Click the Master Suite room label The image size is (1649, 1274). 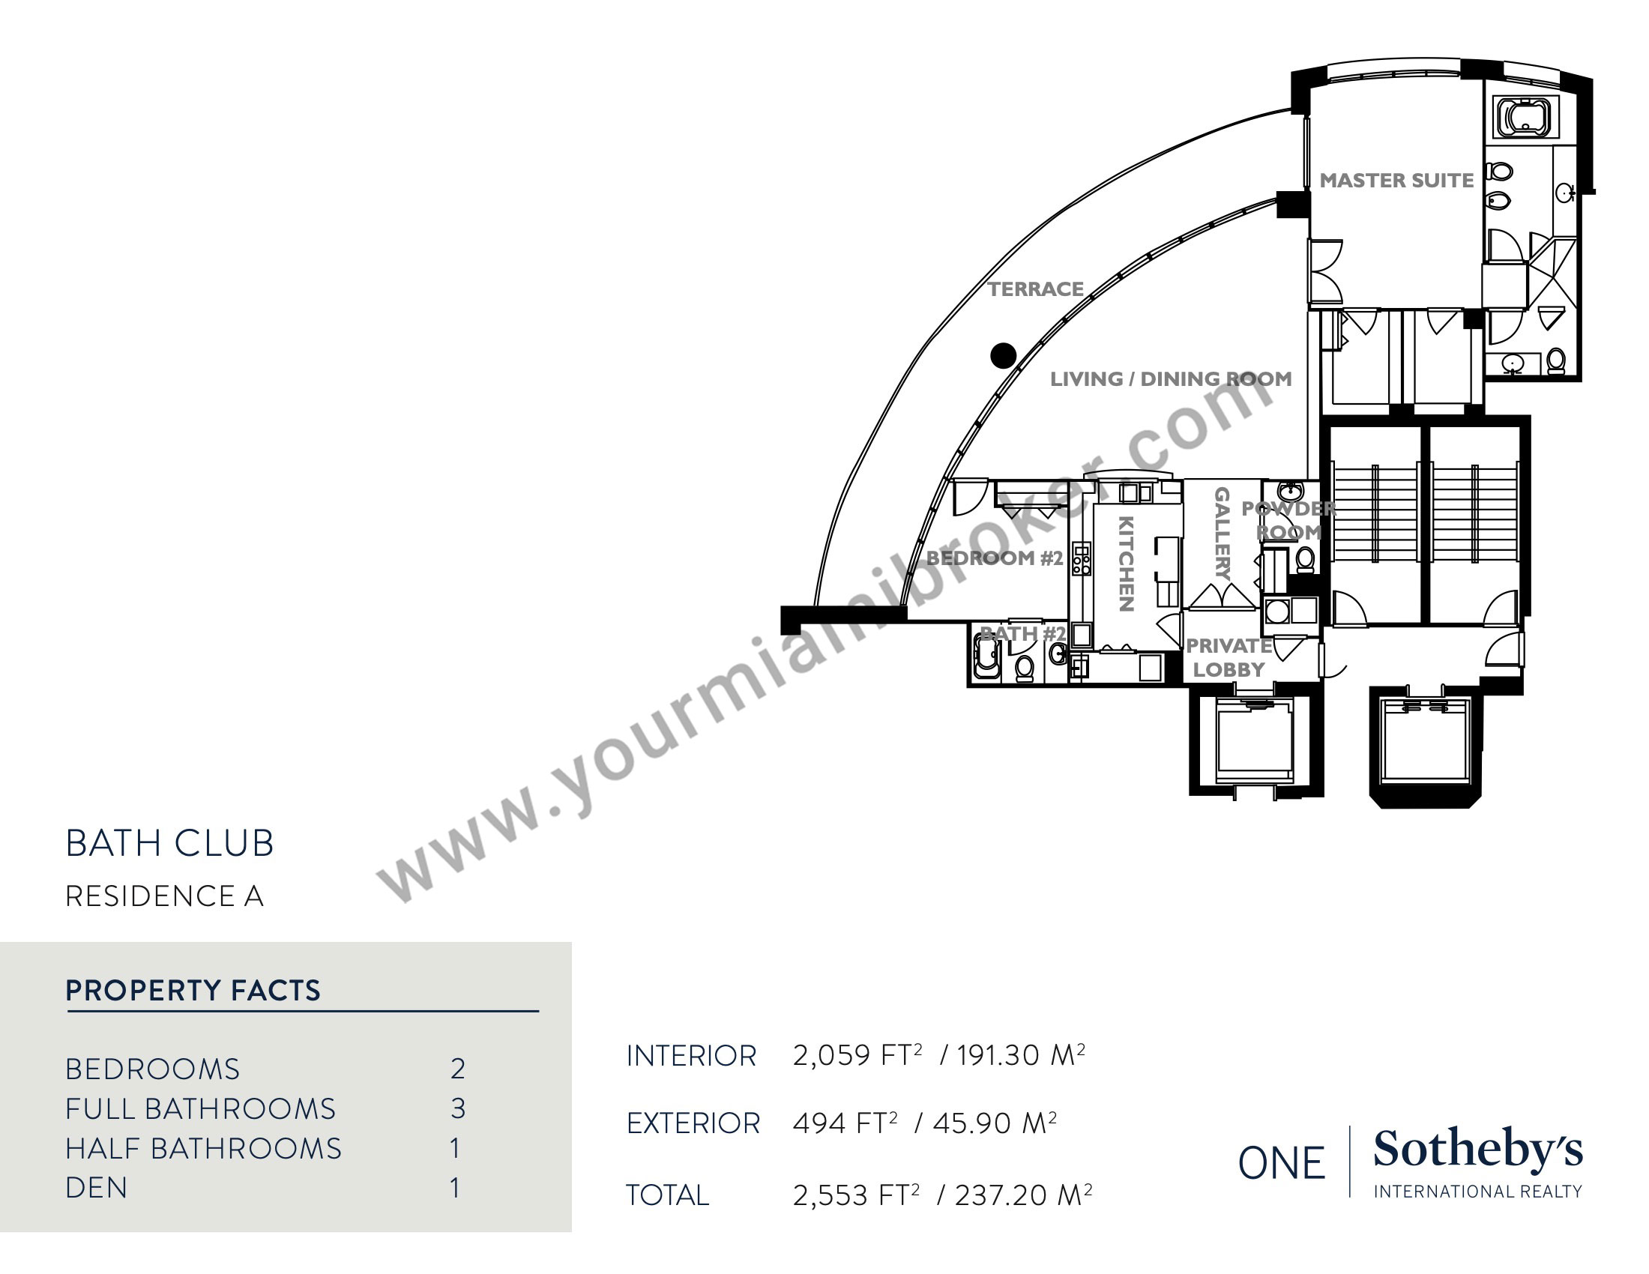click(x=1396, y=181)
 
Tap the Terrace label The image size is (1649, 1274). click(x=1035, y=289)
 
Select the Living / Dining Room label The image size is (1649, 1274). click(x=1170, y=379)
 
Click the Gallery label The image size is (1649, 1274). click(x=1222, y=533)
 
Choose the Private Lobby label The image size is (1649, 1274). click(x=1229, y=657)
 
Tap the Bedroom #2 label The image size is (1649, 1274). click(x=995, y=558)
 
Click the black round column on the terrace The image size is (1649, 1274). click(x=1003, y=355)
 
